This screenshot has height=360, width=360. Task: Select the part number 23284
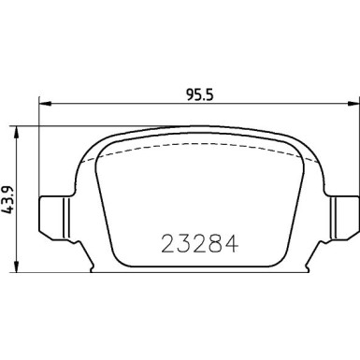pyautogui.click(x=195, y=242)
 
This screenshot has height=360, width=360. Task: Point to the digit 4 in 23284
pyautogui.click(x=227, y=242)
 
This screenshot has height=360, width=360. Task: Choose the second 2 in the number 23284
pyautogui.click(x=195, y=242)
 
